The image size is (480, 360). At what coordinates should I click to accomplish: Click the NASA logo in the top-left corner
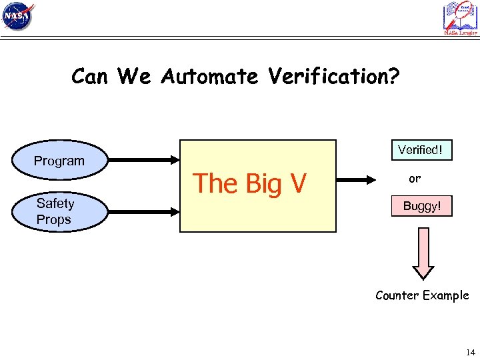pyautogui.click(x=18, y=17)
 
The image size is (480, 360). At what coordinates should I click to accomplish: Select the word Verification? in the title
pyautogui.click(x=334, y=77)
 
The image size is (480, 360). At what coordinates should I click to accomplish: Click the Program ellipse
pyautogui.click(x=59, y=161)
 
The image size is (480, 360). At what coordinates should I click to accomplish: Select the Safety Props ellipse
pyautogui.click(x=59, y=211)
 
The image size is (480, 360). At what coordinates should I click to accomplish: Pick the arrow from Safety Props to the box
pyautogui.click(x=143, y=211)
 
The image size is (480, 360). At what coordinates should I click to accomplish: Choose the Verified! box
pyautogui.click(x=420, y=150)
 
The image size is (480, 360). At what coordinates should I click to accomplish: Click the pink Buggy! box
pyautogui.click(x=421, y=207)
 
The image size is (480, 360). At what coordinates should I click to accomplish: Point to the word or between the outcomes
pyautogui.click(x=415, y=179)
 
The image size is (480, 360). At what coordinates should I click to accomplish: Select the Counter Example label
pyautogui.click(x=422, y=295)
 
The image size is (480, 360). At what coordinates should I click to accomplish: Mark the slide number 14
pyautogui.click(x=471, y=351)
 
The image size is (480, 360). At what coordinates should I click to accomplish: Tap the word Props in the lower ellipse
pyautogui.click(x=54, y=219)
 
